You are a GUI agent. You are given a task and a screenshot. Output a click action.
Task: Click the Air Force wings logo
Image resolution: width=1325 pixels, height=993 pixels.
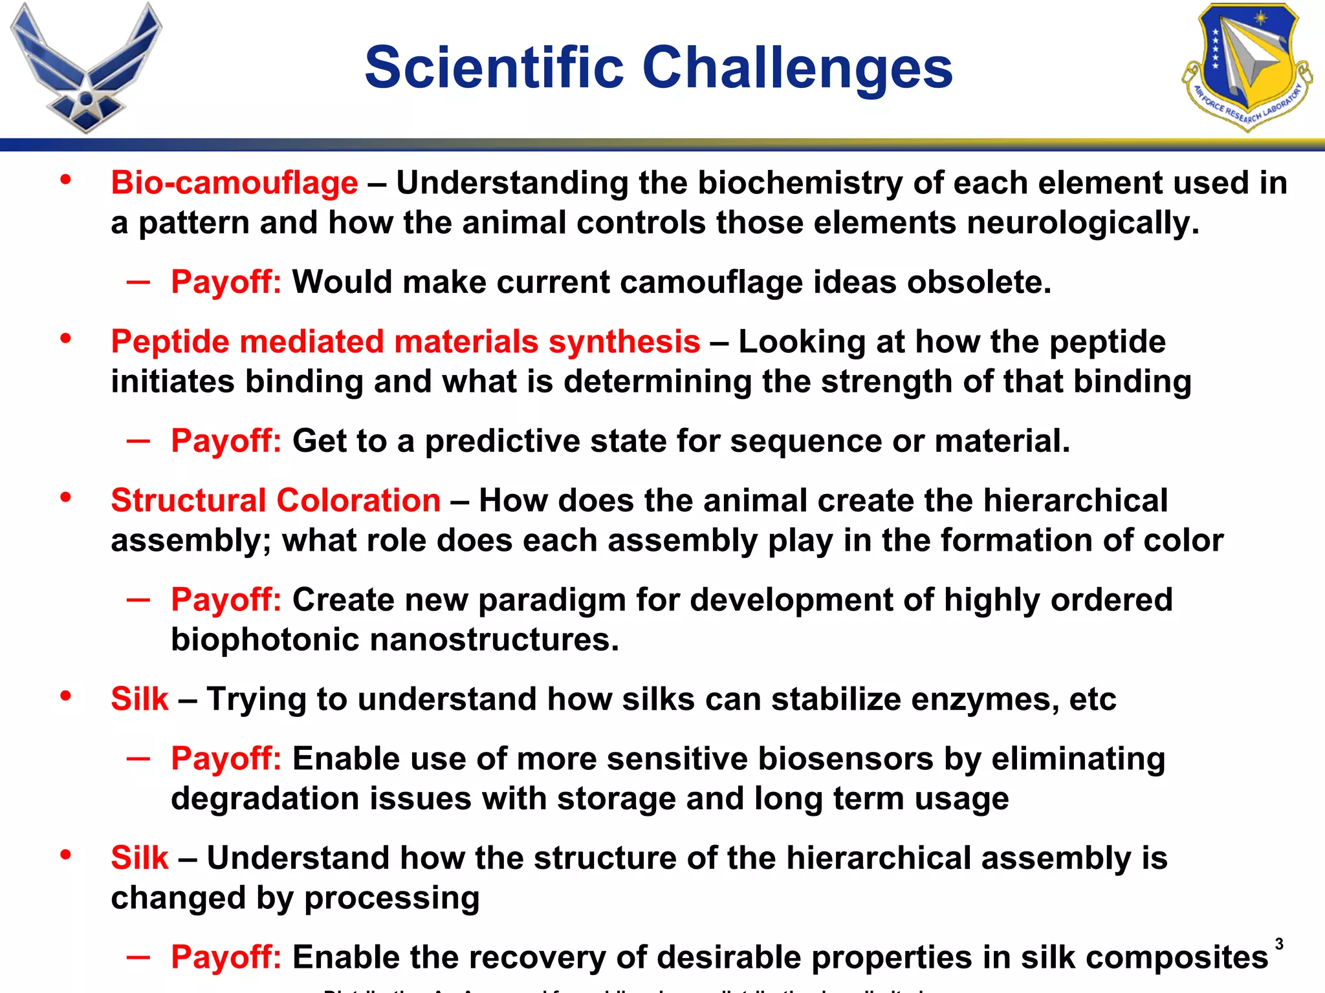pos(85,68)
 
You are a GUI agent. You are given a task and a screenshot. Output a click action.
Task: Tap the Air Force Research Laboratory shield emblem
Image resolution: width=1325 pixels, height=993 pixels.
pos(1246,66)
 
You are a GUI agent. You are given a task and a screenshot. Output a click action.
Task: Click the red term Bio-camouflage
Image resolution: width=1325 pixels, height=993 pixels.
pos(234,183)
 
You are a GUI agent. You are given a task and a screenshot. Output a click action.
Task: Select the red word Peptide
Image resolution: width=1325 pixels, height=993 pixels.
pos(170,342)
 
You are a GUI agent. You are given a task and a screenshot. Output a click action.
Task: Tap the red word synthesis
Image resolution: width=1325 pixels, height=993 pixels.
pos(624,342)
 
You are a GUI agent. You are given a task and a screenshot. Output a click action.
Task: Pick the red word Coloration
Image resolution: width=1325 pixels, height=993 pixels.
pos(358,501)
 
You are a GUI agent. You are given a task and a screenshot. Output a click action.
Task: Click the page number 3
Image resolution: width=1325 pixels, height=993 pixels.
pos(1279,945)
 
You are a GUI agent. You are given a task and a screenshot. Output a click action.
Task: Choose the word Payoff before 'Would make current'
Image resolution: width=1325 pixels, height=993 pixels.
pos(226,283)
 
